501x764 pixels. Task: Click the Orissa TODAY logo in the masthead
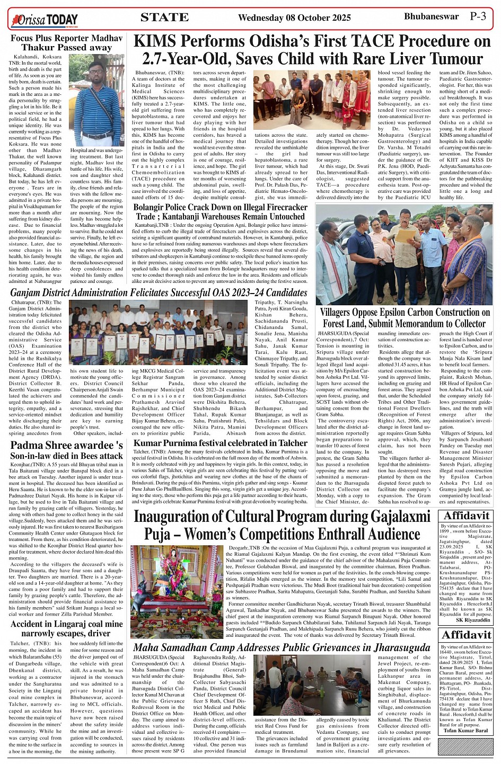click(45, 20)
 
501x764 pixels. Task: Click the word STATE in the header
click(164, 17)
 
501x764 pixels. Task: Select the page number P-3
click(478, 16)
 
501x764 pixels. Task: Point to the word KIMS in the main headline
click(157, 42)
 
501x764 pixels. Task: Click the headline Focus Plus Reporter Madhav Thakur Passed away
click(66, 43)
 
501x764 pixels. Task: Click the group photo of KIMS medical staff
click(312, 100)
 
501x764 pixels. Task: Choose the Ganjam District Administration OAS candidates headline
click(159, 293)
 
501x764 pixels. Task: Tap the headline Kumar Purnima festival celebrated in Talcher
click(220, 443)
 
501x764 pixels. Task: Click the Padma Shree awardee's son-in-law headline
click(66, 450)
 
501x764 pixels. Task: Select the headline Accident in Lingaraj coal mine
click(66, 628)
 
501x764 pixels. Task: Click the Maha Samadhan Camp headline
click(282, 647)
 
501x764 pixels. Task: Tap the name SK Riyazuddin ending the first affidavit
click(473, 619)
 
